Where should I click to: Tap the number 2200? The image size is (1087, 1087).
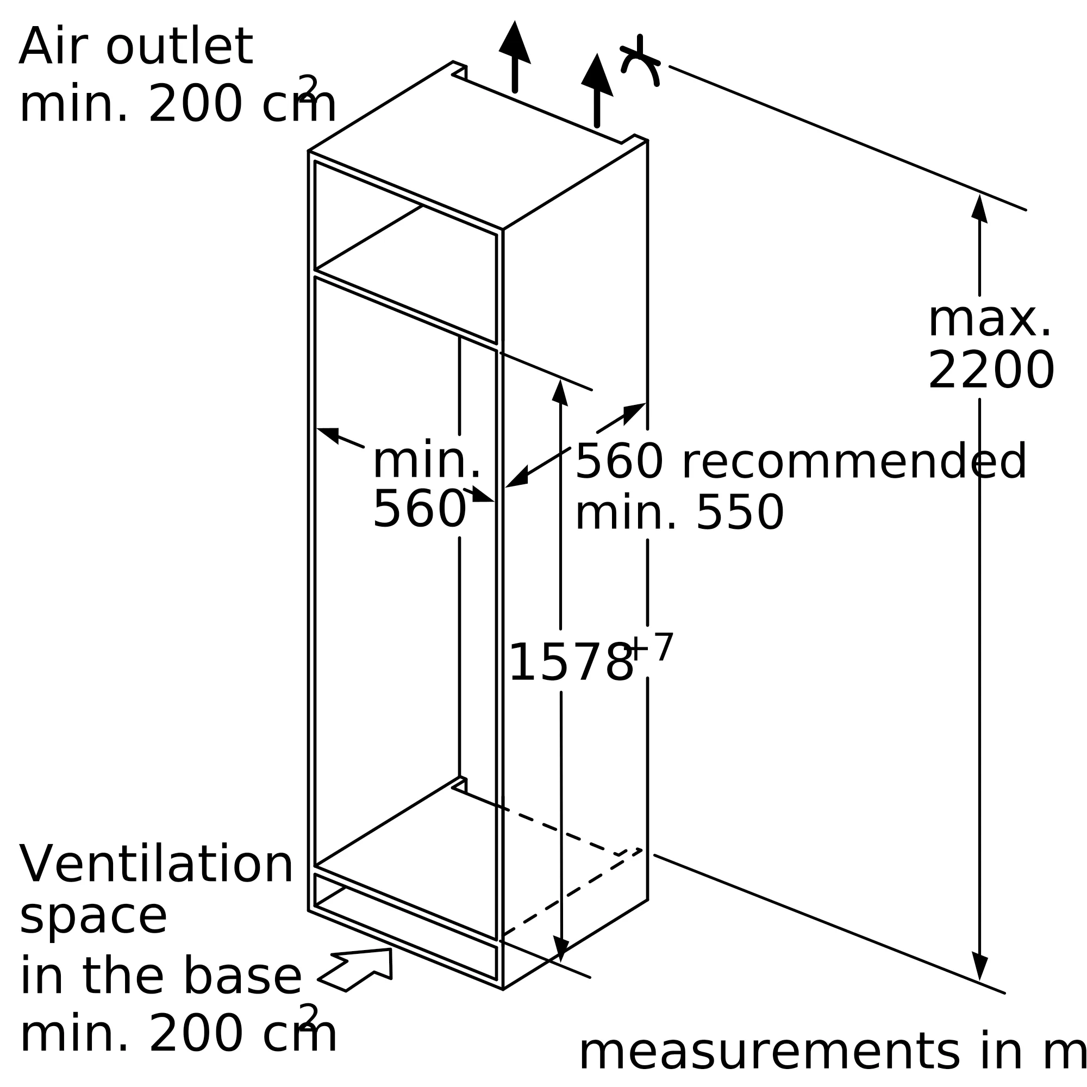point(991,371)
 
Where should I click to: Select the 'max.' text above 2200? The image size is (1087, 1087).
point(990,321)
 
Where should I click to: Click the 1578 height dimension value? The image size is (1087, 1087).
point(570,664)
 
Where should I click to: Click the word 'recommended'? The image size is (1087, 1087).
point(854,462)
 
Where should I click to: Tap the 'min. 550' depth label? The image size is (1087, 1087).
point(679,514)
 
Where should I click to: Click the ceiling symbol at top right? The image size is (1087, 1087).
point(640,62)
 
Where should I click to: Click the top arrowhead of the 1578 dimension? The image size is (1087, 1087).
point(560,393)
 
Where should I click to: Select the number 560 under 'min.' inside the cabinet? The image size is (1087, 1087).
point(420,509)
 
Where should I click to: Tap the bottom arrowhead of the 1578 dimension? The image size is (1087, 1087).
point(561,946)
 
